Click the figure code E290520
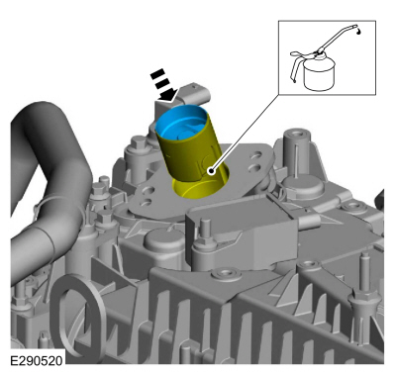pos(36,360)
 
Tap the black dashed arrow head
pos(169,94)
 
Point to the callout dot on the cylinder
pos(211,171)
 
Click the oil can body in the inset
pos(319,73)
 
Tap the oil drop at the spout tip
pos(358,32)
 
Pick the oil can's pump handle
pos(298,64)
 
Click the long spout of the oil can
pos(336,39)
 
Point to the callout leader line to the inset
pos(245,133)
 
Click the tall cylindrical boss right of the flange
pos(295,146)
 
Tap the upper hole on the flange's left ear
pos(148,190)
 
